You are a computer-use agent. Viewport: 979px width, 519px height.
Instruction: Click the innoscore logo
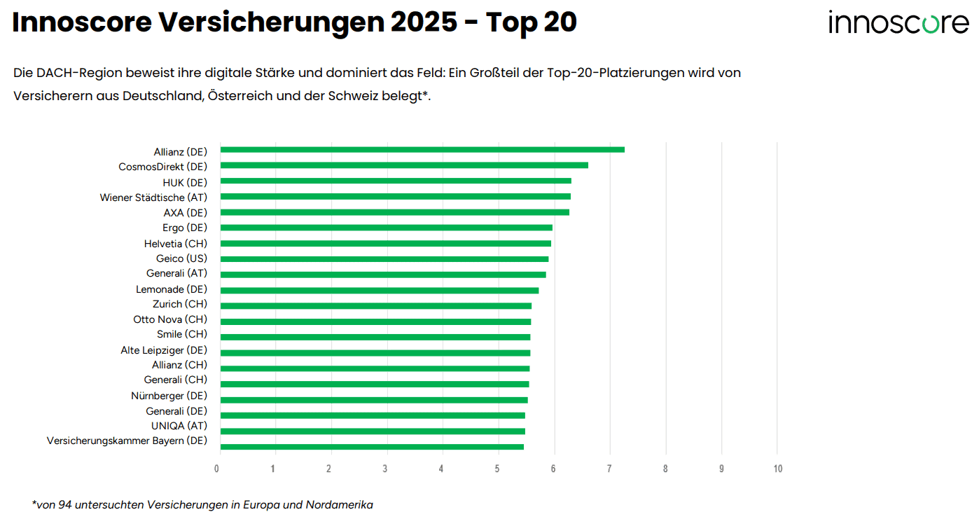tap(898, 22)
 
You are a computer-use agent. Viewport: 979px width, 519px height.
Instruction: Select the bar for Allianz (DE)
tap(422, 150)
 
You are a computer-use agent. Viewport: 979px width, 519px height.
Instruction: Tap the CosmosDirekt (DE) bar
tap(404, 165)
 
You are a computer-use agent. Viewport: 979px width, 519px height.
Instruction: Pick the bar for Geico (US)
tap(384, 259)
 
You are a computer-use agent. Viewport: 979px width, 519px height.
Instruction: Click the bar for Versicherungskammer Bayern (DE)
tap(372, 447)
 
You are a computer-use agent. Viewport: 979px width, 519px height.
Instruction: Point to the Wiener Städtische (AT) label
tap(153, 198)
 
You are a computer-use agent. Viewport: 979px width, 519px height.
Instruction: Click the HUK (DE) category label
tap(185, 183)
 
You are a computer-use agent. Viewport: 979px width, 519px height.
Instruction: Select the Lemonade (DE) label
tap(172, 289)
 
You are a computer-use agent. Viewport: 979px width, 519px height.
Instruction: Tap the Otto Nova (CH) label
tap(170, 319)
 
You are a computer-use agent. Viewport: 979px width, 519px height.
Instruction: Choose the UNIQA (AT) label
tap(179, 426)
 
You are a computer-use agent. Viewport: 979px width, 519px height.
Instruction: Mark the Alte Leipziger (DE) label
tap(164, 350)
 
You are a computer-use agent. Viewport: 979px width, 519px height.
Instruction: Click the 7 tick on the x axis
tap(609, 469)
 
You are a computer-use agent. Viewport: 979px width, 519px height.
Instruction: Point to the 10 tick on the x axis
tap(777, 469)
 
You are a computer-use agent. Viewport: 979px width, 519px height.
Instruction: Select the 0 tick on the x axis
tap(218, 469)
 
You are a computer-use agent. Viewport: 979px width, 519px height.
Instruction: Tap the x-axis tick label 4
tap(441, 469)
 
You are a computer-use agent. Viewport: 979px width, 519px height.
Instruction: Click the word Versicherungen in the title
tap(271, 22)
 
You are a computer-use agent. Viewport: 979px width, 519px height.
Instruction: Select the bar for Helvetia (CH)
tap(386, 244)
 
